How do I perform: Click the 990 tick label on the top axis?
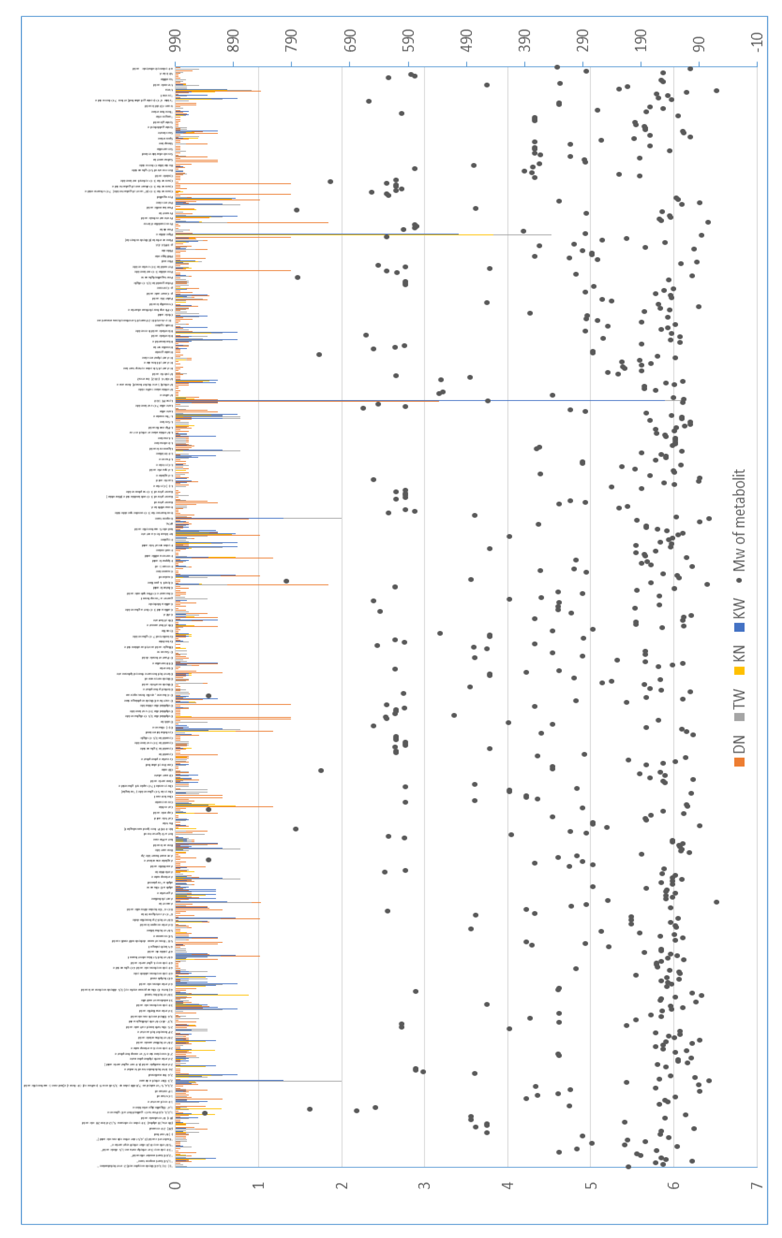pyautogui.click(x=175, y=41)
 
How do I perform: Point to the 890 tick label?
pyautogui.click(x=233, y=41)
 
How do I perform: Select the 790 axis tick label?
pyautogui.click(x=292, y=41)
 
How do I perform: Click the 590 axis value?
pyautogui.click(x=408, y=41)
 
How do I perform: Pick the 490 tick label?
pyautogui.click(x=467, y=41)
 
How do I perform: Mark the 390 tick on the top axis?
pyautogui.click(x=525, y=41)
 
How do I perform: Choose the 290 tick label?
pyautogui.click(x=583, y=41)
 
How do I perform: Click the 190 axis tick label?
pyautogui.click(x=641, y=41)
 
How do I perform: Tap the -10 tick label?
pyautogui.click(x=757, y=41)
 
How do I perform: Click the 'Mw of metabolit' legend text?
pyautogui.click(x=739, y=520)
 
